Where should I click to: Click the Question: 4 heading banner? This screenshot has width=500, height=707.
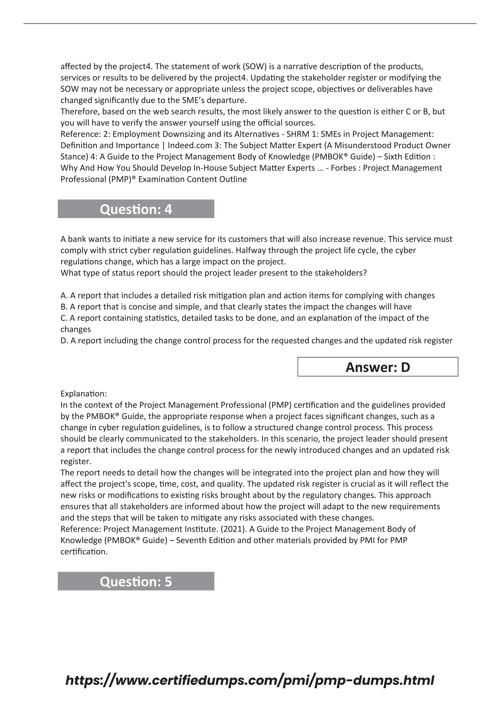point(136,209)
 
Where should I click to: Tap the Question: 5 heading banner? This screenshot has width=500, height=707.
point(136,581)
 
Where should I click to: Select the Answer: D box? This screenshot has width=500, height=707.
point(377,367)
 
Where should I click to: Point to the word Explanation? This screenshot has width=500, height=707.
point(83,394)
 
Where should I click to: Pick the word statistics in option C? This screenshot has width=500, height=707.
point(160,318)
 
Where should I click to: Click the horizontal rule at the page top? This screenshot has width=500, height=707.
point(250,23)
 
